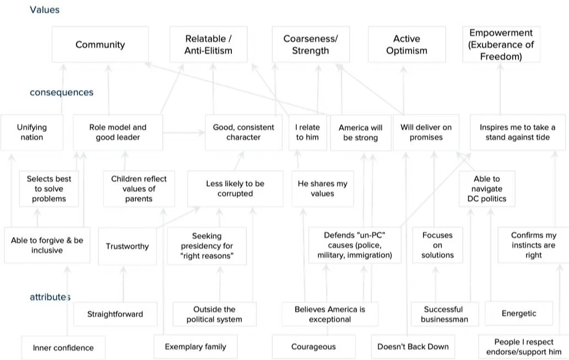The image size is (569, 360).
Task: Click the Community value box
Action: click(x=100, y=45)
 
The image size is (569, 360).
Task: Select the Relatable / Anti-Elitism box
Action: click(x=208, y=45)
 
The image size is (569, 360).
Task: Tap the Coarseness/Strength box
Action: click(x=310, y=45)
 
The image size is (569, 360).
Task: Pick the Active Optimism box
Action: click(x=407, y=45)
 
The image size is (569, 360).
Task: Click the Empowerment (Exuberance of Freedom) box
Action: click(x=501, y=45)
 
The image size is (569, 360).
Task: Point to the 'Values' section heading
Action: click(x=45, y=9)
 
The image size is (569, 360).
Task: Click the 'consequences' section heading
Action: click(x=62, y=92)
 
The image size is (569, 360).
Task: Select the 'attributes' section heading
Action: click(x=50, y=297)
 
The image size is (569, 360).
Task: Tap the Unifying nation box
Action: click(x=32, y=132)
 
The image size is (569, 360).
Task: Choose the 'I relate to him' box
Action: click(x=307, y=132)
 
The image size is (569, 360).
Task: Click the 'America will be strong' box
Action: click(x=360, y=132)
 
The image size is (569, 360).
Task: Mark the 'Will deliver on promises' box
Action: click(x=426, y=132)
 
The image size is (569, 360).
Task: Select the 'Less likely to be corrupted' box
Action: click(x=235, y=189)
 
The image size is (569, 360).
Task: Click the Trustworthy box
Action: click(x=127, y=246)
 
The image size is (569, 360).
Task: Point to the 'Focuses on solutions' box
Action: click(x=437, y=245)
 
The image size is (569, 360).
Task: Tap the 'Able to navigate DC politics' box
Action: click(x=487, y=189)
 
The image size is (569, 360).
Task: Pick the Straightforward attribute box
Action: click(x=115, y=314)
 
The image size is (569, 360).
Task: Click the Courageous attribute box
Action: click(x=313, y=347)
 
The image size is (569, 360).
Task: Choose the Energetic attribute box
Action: click(x=519, y=313)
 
